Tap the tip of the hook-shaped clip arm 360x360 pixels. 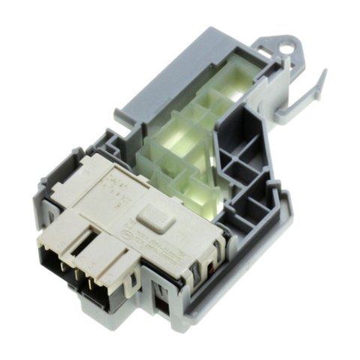(x=323, y=72)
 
